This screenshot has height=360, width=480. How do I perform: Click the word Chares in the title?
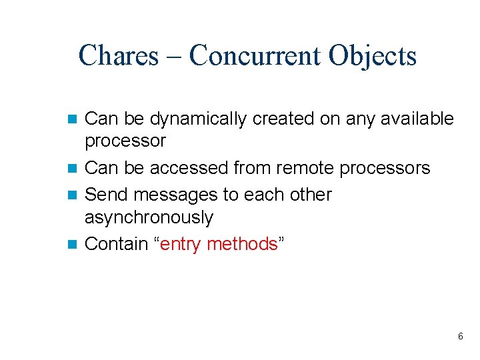pyautogui.click(x=118, y=55)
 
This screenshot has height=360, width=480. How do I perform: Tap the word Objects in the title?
pyautogui.click(x=372, y=55)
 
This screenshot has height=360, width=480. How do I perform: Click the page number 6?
pyautogui.click(x=460, y=337)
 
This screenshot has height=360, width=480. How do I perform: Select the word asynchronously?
pyautogui.click(x=149, y=218)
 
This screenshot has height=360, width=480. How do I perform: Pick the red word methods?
pyautogui.click(x=242, y=244)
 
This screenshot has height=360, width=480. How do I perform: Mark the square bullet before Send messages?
pyautogui.click(x=73, y=195)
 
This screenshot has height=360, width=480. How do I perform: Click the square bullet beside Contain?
pyautogui.click(x=73, y=245)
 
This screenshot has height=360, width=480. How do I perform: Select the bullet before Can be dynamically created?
pyautogui.click(x=73, y=119)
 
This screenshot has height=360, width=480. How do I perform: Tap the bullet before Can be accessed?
pyautogui.click(x=73, y=169)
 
